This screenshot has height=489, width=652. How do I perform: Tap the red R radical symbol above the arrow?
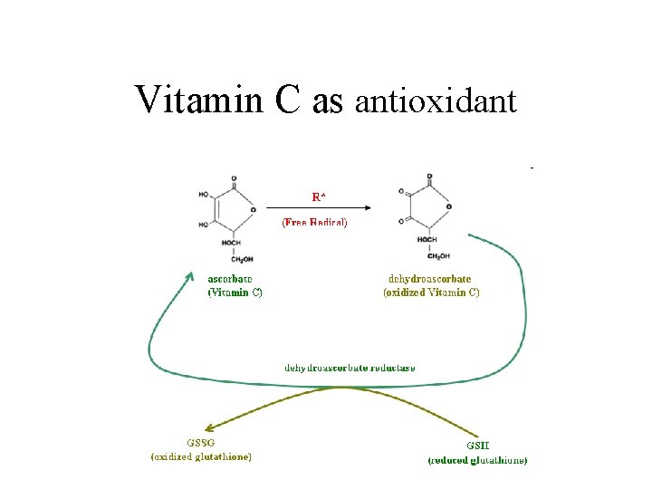pos(318,196)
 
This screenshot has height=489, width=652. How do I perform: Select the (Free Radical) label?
pos(314,222)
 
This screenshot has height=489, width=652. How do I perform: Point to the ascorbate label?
pos(230,278)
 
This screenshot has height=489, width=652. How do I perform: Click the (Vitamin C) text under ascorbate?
pos(235,292)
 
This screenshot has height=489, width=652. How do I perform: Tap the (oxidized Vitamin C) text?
pos(431,292)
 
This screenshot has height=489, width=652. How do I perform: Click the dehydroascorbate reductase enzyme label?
pos(350,368)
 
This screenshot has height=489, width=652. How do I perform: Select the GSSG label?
pos(200,443)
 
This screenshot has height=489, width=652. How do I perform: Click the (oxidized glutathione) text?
pos(201,456)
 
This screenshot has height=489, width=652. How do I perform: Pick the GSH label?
pos(478,446)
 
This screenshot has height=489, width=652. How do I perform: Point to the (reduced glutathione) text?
pos(477,460)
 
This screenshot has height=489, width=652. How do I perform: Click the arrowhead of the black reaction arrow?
pos(374,206)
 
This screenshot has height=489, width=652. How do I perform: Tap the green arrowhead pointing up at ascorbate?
pos(189,273)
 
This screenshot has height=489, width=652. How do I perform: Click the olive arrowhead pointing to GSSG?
pos(209,428)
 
